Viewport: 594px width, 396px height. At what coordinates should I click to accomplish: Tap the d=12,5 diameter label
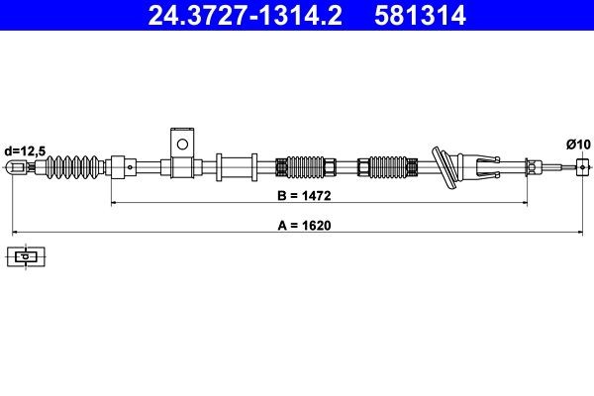tap(24, 150)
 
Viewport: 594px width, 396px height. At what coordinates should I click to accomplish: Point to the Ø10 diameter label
tap(577, 144)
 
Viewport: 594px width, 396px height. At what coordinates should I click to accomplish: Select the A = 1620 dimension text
tap(302, 225)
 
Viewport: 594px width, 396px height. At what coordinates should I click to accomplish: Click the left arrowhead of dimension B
tap(113, 203)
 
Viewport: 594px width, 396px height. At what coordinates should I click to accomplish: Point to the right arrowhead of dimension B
tap(526, 203)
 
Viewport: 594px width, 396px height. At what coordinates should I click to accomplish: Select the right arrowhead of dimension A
tap(579, 232)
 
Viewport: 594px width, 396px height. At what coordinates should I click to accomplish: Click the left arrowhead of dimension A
tap(13, 232)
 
